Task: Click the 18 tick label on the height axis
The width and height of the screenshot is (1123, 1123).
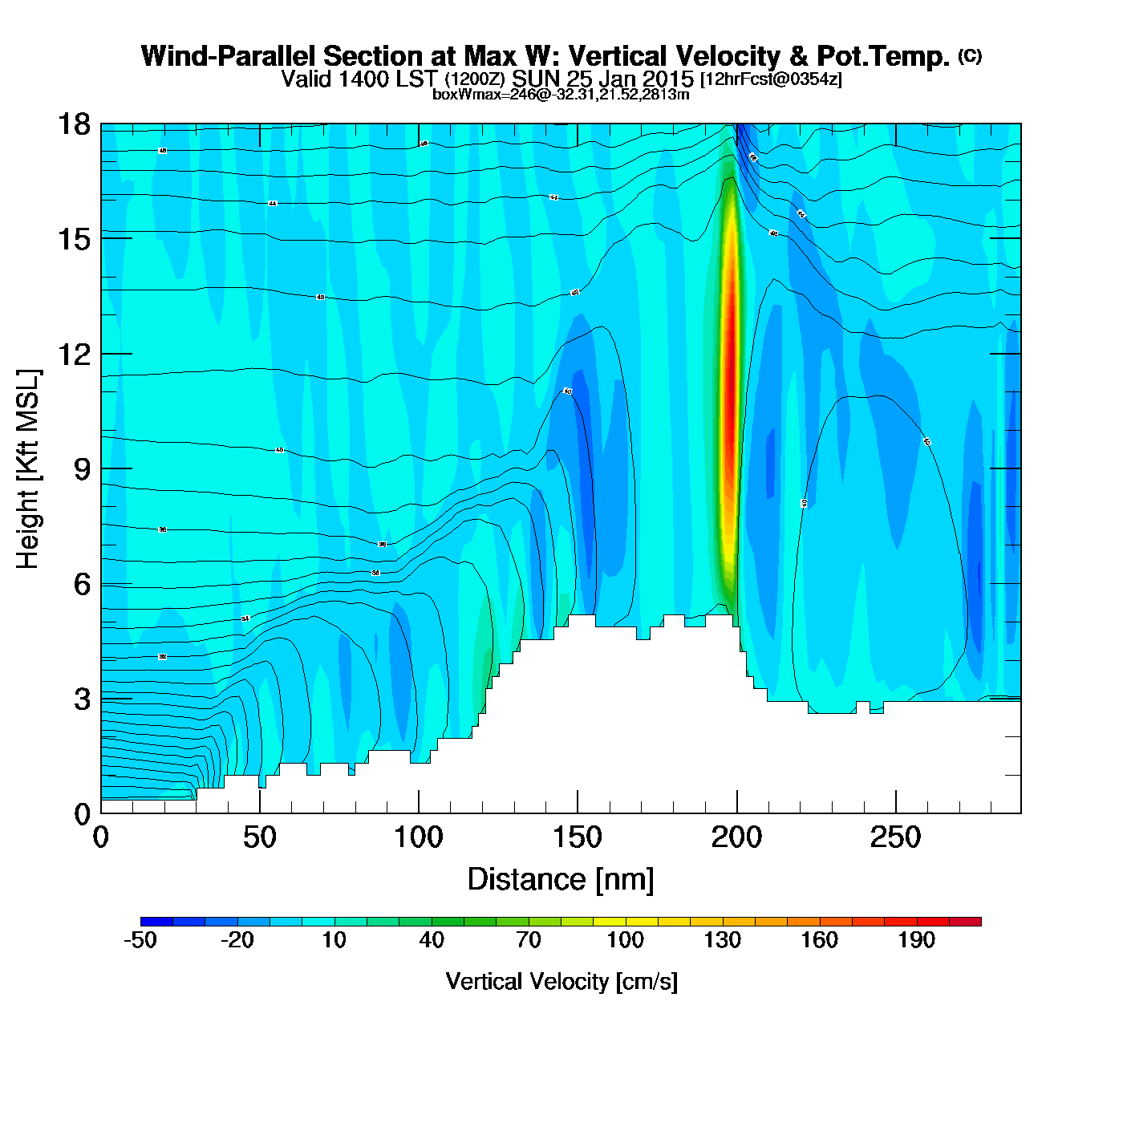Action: coord(74,124)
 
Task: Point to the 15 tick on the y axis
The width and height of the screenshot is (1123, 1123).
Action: coord(74,239)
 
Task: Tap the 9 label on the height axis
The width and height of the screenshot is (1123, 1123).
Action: coord(82,469)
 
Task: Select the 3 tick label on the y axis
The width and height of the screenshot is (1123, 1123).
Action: coord(82,699)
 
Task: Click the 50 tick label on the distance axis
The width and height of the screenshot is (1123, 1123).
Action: coord(259,838)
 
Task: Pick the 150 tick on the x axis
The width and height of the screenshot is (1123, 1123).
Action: coord(578,838)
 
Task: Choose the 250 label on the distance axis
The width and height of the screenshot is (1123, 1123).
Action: coord(895,838)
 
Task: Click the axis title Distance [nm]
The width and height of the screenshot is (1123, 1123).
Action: coord(561,880)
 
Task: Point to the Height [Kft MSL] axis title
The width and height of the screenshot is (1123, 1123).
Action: coord(28,469)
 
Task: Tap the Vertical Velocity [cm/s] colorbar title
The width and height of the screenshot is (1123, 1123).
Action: coord(561,981)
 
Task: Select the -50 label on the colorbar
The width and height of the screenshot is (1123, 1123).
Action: coord(140,940)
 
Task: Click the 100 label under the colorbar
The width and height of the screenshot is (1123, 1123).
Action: coord(625,940)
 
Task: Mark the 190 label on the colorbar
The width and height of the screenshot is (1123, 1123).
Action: coord(916,940)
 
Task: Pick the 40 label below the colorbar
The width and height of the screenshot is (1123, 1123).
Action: coord(432,940)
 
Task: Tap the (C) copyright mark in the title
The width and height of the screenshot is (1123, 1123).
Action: coord(970,55)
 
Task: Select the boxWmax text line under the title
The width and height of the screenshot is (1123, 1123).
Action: coord(561,94)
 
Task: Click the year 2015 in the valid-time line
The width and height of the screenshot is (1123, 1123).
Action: coord(662,79)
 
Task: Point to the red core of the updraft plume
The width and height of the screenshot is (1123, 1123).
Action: coord(730,361)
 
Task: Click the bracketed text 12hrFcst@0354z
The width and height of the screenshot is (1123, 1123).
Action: coord(771,79)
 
